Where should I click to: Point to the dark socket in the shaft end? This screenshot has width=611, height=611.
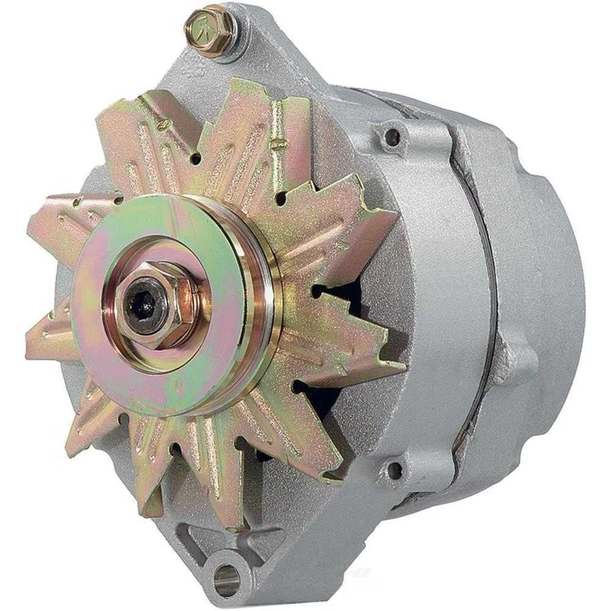141,307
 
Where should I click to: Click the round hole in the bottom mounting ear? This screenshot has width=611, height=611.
227,579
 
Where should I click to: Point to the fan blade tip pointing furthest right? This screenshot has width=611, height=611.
401,365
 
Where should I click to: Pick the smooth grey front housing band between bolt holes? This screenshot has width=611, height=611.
433,299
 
